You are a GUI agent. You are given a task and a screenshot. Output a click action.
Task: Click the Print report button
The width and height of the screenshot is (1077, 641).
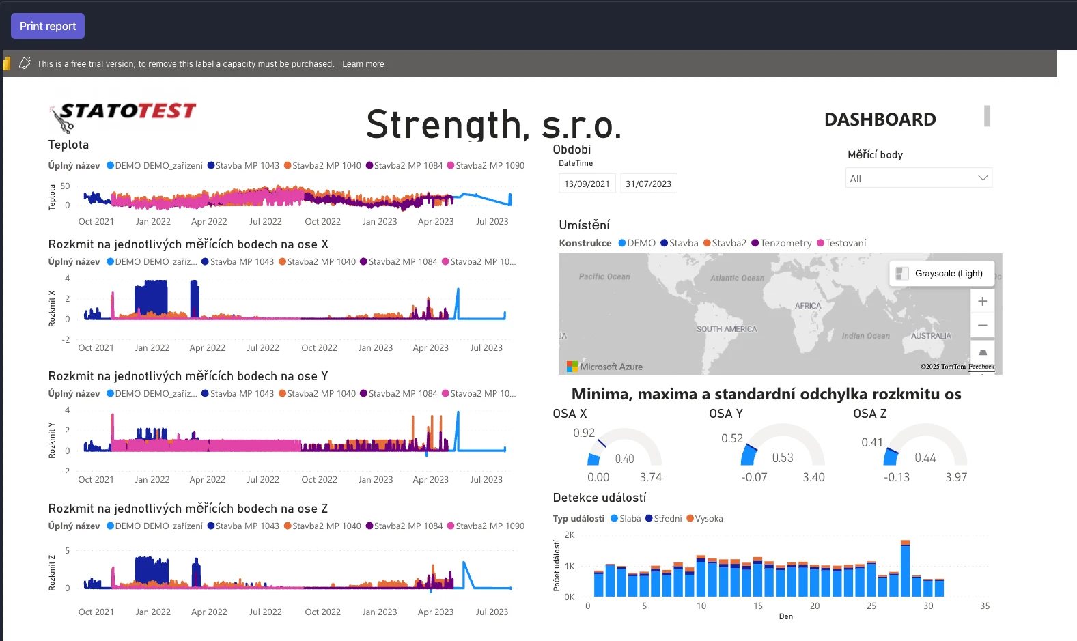[48, 26]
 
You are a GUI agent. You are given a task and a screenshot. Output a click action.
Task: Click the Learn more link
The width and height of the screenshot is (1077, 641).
[363, 64]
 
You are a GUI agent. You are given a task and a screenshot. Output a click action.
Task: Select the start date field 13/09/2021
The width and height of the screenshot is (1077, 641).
[587, 184]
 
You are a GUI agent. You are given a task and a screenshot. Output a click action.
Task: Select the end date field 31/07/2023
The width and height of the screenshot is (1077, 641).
[648, 184]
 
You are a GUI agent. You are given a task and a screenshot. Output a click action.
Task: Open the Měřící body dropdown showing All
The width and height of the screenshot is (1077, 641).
[918, 178]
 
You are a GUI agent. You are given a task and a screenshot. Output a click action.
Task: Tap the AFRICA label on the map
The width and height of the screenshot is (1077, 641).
[808, 306]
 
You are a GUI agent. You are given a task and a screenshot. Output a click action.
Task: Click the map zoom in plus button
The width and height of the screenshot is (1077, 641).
[982, 301]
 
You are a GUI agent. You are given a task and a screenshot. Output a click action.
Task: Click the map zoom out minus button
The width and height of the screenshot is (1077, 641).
[982, 326]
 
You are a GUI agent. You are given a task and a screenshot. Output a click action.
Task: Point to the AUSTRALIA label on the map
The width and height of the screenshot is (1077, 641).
[931, 336]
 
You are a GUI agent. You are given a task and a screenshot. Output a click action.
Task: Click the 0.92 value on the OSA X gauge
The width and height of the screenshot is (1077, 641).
[584, 433]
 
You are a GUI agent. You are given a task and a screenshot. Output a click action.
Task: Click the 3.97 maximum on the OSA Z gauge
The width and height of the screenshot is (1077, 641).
[956, 477]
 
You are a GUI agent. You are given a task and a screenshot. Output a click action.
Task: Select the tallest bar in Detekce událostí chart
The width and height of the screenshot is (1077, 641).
[905, 569]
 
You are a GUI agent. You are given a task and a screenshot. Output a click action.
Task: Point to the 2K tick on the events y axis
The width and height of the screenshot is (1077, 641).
[570, 535]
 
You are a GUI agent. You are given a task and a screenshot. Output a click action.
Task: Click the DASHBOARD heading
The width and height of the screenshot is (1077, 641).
[880, 119]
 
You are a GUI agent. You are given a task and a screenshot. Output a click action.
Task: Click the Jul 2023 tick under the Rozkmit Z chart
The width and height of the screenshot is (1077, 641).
[492, 612]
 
